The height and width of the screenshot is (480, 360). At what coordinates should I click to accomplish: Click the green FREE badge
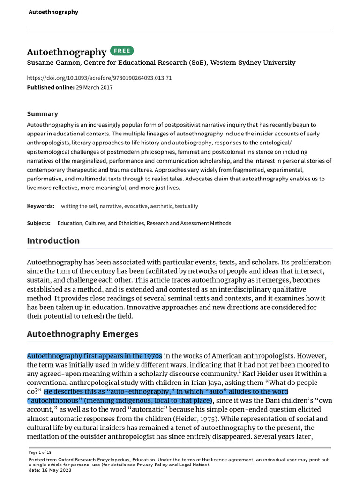tap(122, 51)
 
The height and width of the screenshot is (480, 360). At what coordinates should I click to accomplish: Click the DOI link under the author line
tap(99, 78)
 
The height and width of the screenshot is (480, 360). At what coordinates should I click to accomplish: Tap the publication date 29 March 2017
tap(94, 87)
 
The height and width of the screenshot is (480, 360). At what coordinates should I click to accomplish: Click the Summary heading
tap(42, 114)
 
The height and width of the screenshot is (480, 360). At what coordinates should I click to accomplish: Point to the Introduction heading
tap(53, 241)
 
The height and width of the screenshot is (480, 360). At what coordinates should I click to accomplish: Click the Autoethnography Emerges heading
tap(82, 334)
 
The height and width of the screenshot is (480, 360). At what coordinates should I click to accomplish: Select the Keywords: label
tap(41, 206)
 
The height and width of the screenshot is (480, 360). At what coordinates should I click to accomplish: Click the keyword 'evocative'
tap(136, 206)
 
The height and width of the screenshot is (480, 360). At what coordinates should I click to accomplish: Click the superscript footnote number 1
tap(240, 372)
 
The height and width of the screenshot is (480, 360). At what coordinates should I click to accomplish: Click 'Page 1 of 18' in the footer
tap(40, 452)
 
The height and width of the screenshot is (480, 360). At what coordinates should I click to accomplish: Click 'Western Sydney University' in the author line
tap(253, 63)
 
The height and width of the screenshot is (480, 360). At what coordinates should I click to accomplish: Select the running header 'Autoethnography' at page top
tap(53, 12)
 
